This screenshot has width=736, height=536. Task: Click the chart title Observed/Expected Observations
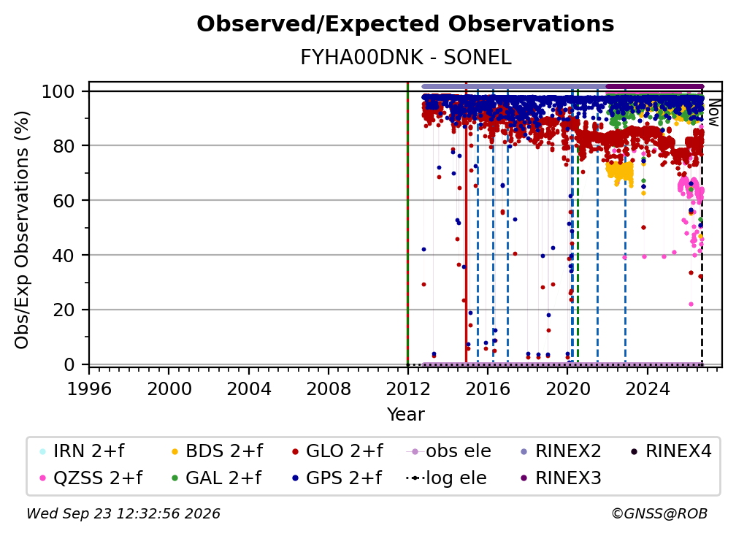pyautogui.click(x=405, y=24)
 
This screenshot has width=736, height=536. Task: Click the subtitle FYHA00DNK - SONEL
pyautogui.click(x=405, y=58)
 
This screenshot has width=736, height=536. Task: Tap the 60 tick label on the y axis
pyautogui.click(x=64, y=200)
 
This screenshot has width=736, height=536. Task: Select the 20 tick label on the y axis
pyautogui.click(x=64, y=310)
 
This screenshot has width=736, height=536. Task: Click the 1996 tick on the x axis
pyautogui.click(x=89, y=389)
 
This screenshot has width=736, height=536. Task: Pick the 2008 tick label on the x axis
pyautogui.click(x=328, y=389)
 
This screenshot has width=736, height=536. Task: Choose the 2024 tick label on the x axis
pyautogui.click(x=647, y=389)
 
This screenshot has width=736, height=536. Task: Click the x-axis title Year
pyautogui.click(x=405, y=415)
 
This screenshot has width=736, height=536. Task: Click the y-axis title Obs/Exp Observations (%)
pyautogui.click(x=22, y=230)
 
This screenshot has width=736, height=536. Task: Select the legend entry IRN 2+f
pyautogui.click(x=82, y=451)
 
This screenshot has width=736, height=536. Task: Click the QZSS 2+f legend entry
pyautogui.click(x=91, y=478)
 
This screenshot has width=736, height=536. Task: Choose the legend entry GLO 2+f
pyautogui.click(x=337, y=451)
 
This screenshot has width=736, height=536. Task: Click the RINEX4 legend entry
pyautogui.click(x=671, y=451)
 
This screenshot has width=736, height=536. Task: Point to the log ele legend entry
pyautogui.click(x=446, y=478)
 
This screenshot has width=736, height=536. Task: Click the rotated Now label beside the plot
pyautogui.click(x=713, y=112)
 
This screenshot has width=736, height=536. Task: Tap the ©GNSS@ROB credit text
pyautogui.click(x=659, y=513)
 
